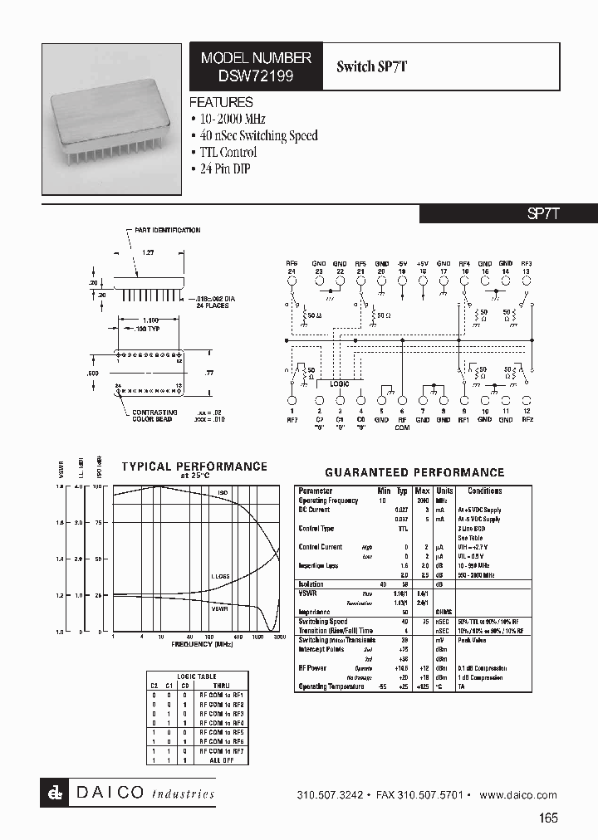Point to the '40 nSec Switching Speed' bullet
click(x=257, y=135)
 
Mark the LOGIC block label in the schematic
click(x=339, y=383)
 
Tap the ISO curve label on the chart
click(x=223, y=493)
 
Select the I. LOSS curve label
click(x=219, y=575)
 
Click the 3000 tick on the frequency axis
click(x=280, y=637)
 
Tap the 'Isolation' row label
click(x=312, y=584)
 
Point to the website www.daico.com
click(x=517, y=795)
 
